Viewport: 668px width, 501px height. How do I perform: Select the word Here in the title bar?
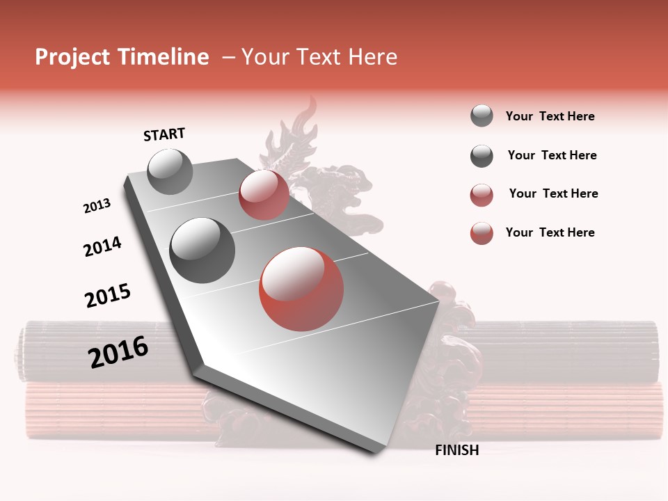pyautogui.click(x=372, y=57)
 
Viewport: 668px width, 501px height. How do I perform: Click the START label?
pyautogui.click(x=164, y=134)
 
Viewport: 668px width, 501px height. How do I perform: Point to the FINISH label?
pyautogui.click(x=456, y=450)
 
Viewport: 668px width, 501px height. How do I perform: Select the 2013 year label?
pyautogui.click(x=97, y=206)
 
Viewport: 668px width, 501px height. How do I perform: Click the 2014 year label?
pyautogui.click(x=102, y=246)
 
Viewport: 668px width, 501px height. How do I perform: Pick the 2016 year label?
pyautogui.click(x=118, y=352)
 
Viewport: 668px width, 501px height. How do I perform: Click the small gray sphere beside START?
pyautogui.click(x=170, y=171)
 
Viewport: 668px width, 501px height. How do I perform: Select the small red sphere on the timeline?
pyautogui.click(x=264, y=195)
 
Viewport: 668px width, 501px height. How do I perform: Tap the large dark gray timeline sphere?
pyautogui.click(x=202, y=250)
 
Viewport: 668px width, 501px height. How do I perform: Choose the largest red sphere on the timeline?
pyautogui.click(x=301, y=289)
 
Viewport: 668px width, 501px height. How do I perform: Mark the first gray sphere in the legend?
pyautogui.click(x=482, y=116)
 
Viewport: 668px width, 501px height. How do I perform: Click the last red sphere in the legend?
pyautogui.click(x=482, y=233)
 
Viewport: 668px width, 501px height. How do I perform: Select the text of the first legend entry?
pyautogui.click(x=550, y=116)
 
